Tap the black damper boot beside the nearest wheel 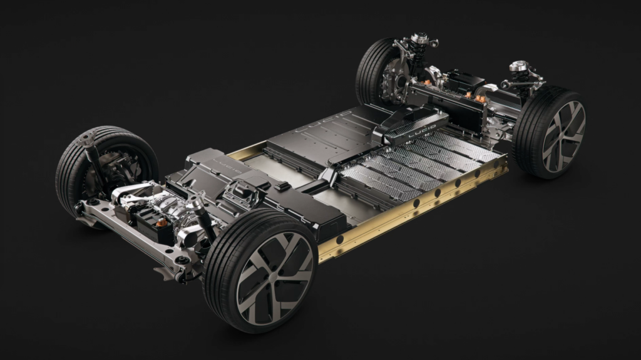pyautogui.click(x=204, y=219)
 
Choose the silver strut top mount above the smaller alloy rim pyautogui.click(x=518, y=66)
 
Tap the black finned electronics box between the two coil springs pyautogui.click(x=463, y=81)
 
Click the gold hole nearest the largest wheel pyautogui.click(x=339, y=240)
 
